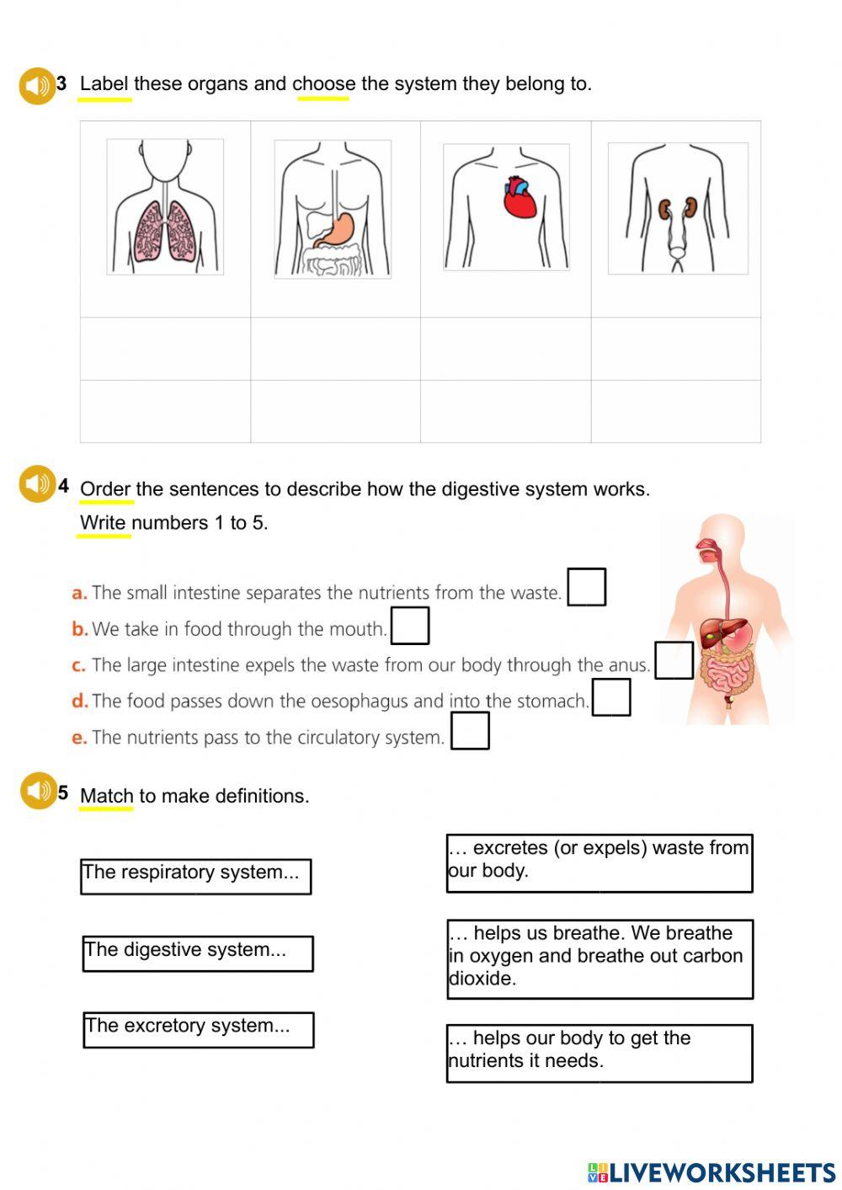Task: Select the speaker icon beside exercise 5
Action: tap(38, 791)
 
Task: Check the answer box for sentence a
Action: tap(586, 587)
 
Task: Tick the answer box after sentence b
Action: tap(410, 626)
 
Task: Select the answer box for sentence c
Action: tap(674, 660)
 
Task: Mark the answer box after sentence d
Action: tap(611, 697)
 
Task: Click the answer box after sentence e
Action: tap(470, 731)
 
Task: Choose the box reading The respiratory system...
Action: tap(195, 876)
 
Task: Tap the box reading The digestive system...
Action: tap(198, 953)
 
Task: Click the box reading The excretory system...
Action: tap(198, 1030)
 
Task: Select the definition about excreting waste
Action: tap(599, 863)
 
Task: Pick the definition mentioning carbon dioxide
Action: tap(599, 958)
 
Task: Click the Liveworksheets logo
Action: tap(711, 1172)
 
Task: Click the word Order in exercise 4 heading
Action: tap(104, 489)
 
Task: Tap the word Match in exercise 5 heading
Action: tap(106, 796)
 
